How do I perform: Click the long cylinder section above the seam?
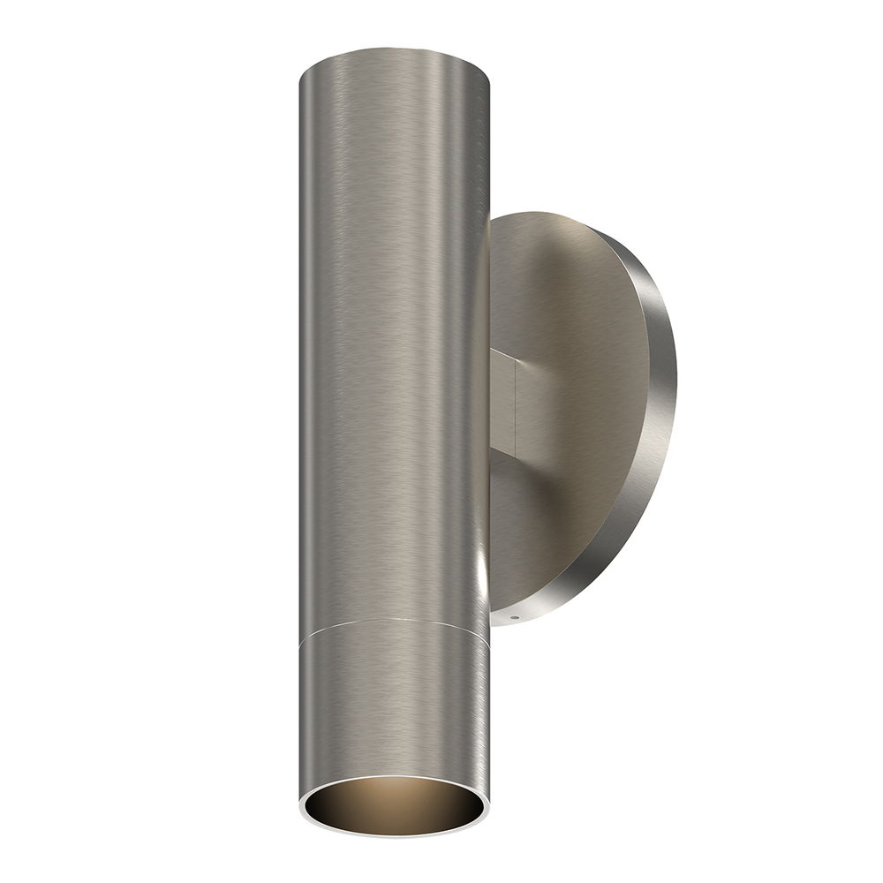393,353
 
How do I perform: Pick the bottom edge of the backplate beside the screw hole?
530,618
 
